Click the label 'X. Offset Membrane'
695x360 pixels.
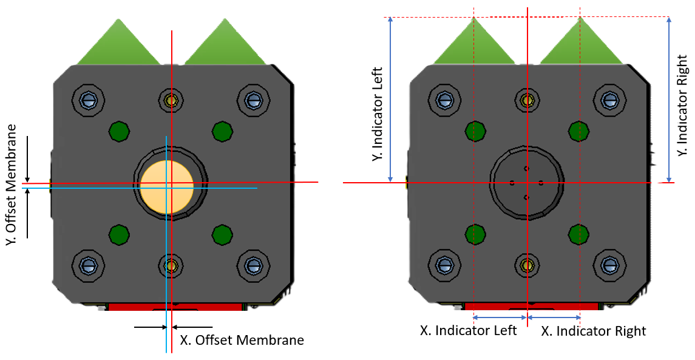[x=242, y=340]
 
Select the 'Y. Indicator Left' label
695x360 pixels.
[x=378, y=114]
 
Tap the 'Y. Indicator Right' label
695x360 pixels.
[x=682, y=99]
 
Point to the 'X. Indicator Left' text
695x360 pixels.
[x=468, y=331]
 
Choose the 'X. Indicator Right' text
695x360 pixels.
[x=593, y=331]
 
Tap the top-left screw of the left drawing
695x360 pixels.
[x=89, y=98]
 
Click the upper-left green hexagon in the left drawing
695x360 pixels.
[x=119, y=131]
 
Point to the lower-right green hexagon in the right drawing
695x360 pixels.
[x=579, y=233]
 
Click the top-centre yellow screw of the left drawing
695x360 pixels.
[x=171, y=98]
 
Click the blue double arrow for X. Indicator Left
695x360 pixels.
[x=500, y=318]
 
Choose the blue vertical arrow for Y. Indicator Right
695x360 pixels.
[x=669, y=99]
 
